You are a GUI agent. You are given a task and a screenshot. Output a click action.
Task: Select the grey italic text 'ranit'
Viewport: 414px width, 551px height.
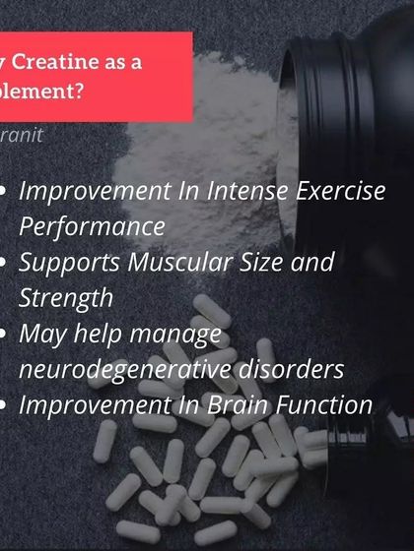[22, 135]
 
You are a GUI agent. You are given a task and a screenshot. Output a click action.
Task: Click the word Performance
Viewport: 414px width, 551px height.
[92, 226]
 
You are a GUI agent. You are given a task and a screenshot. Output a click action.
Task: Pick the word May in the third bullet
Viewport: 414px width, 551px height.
[42, 335]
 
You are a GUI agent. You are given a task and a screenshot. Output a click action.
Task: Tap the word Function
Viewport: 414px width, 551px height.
[319, 404]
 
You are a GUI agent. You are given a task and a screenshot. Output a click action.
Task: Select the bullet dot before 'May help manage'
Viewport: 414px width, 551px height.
[8, 335]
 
